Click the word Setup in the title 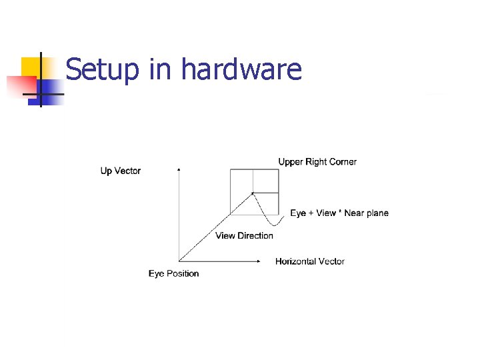tap(103, 69)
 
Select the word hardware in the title tap(241, 69)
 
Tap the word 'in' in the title tap(160, 69)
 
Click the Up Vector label tap(121, 171)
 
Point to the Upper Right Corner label tap(317, 162)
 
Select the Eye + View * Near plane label tap(339, 213)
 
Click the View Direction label tap(244, 235)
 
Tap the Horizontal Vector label tap(310, 261)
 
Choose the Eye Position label tap(173, 273)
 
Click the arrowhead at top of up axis tap(179, 170)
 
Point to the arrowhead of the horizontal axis tap(258, 261)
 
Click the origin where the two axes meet tap(179, 261)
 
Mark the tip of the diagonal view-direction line tap(253, 193)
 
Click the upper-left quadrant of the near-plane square tap(241, 181)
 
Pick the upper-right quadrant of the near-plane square tap(265, 181)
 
